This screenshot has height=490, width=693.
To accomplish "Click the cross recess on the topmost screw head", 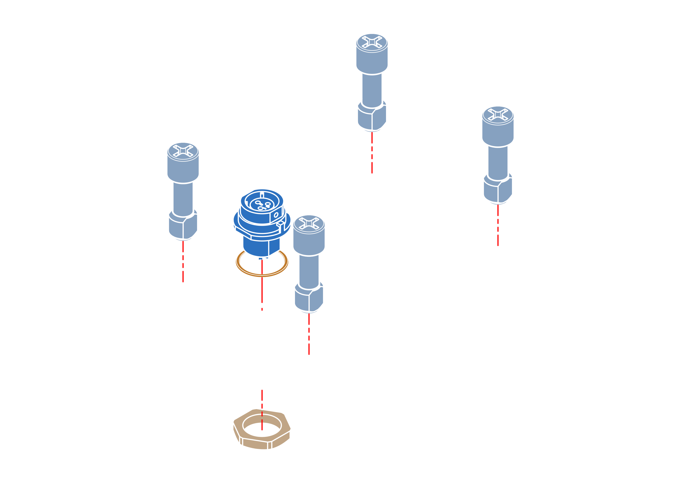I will [372, 42].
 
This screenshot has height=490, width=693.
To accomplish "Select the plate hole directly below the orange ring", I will [262, 299].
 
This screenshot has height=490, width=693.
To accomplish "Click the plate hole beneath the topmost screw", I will [372, 163].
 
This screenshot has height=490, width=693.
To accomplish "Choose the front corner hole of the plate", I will [309, 344].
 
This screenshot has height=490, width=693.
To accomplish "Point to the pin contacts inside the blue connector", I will [262, 205].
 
